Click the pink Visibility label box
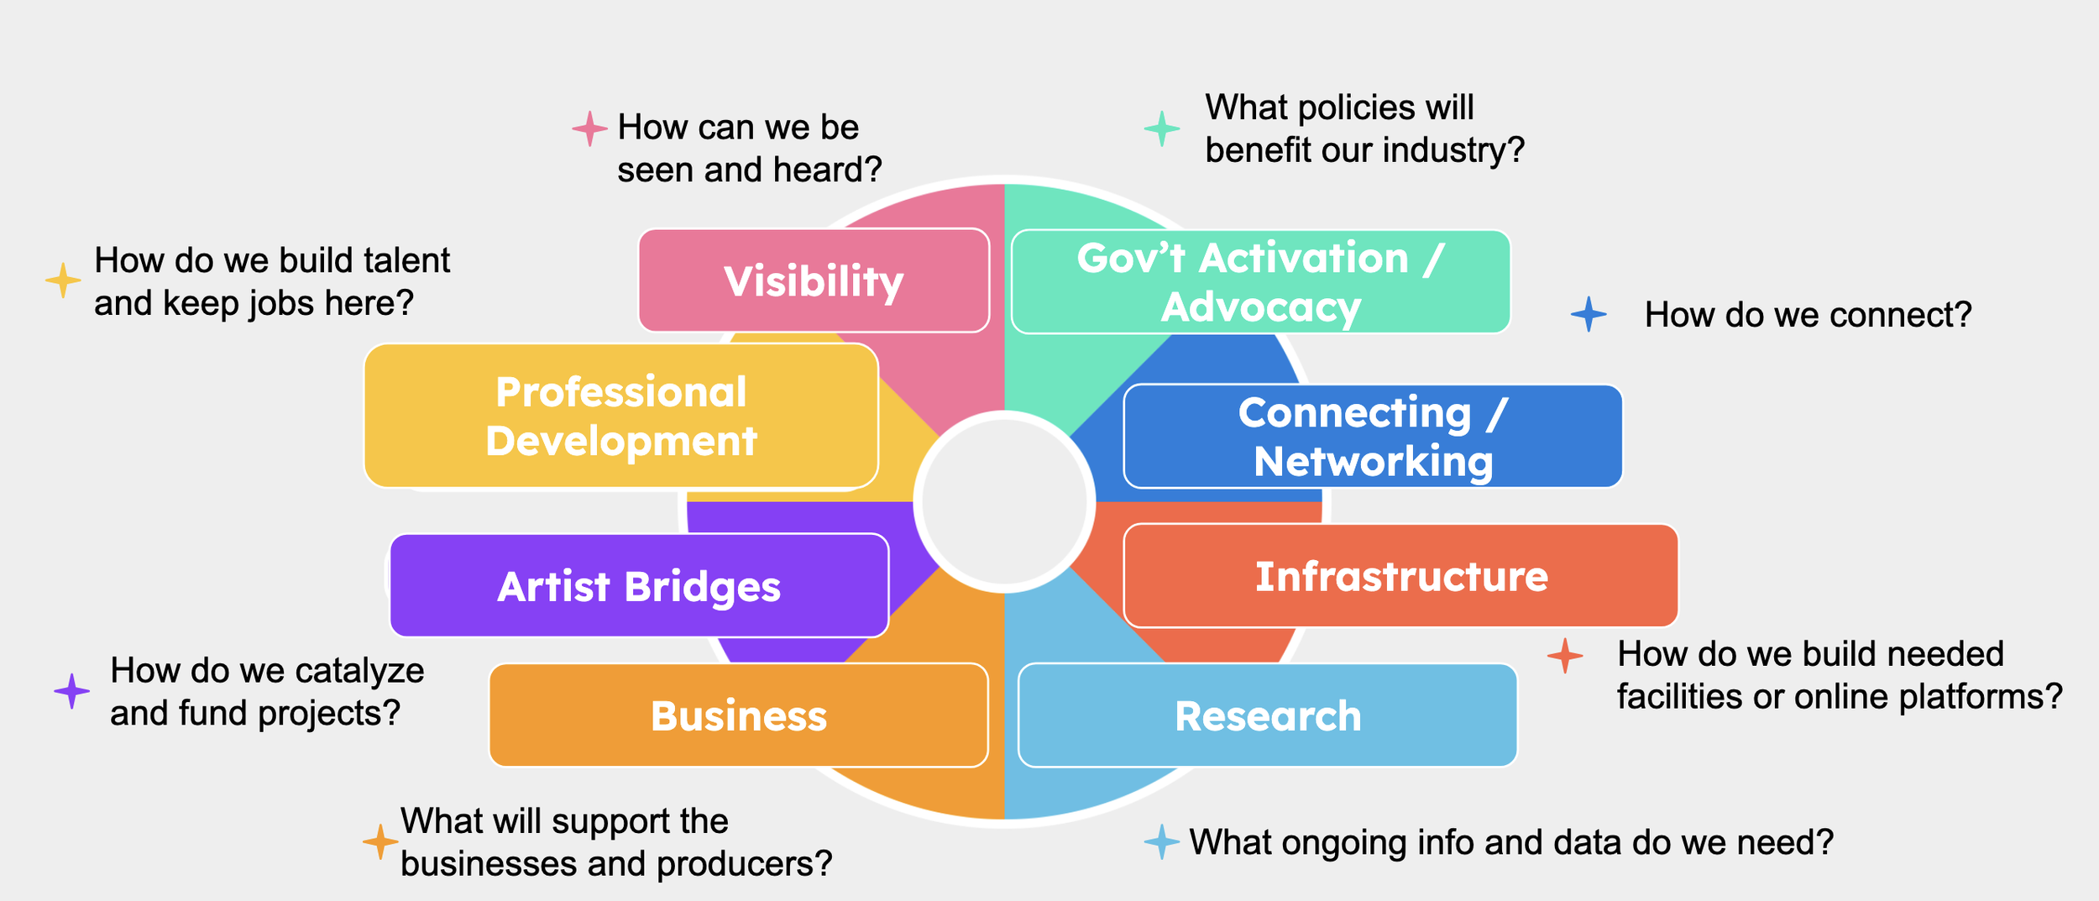pos(814,280)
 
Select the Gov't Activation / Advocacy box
pos(1260,282)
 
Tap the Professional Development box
pos(621,416)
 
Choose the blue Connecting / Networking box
pos(1373,437)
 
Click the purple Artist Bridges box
pos(639,586)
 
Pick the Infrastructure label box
pos(1400,576)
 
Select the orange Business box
pos(738,715)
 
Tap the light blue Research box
pos(1267,715)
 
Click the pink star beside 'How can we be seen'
pos(589,128)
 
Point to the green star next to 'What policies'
pos(1162,128)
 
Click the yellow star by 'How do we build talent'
pos(63,280)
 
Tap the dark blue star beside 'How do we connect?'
pos(1589,314)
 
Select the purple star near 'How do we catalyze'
pos(72,691)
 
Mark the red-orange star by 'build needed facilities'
pos(1565,656)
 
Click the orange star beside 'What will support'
pos(380,841)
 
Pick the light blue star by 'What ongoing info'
pos(1162,841)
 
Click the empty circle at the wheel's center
pos(1004,502)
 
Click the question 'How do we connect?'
pos(1808,315)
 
